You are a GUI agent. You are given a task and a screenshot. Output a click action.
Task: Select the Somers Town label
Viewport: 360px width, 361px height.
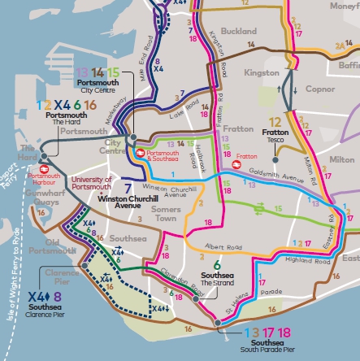(144, 215)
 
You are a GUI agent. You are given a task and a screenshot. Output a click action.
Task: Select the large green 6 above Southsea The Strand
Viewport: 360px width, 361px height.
(216, 264)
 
